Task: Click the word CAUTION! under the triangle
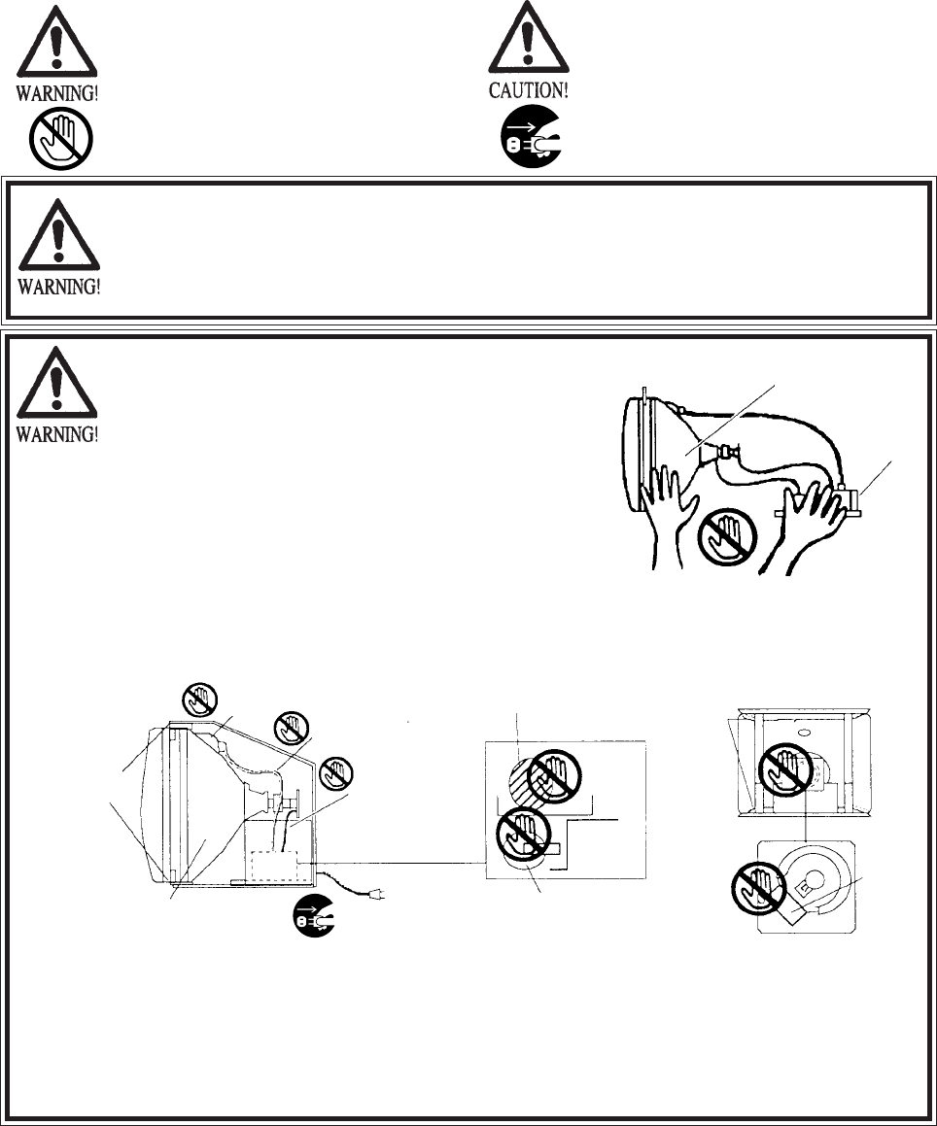(x=528, y=92)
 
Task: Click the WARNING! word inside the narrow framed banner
(x=59, y=288)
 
